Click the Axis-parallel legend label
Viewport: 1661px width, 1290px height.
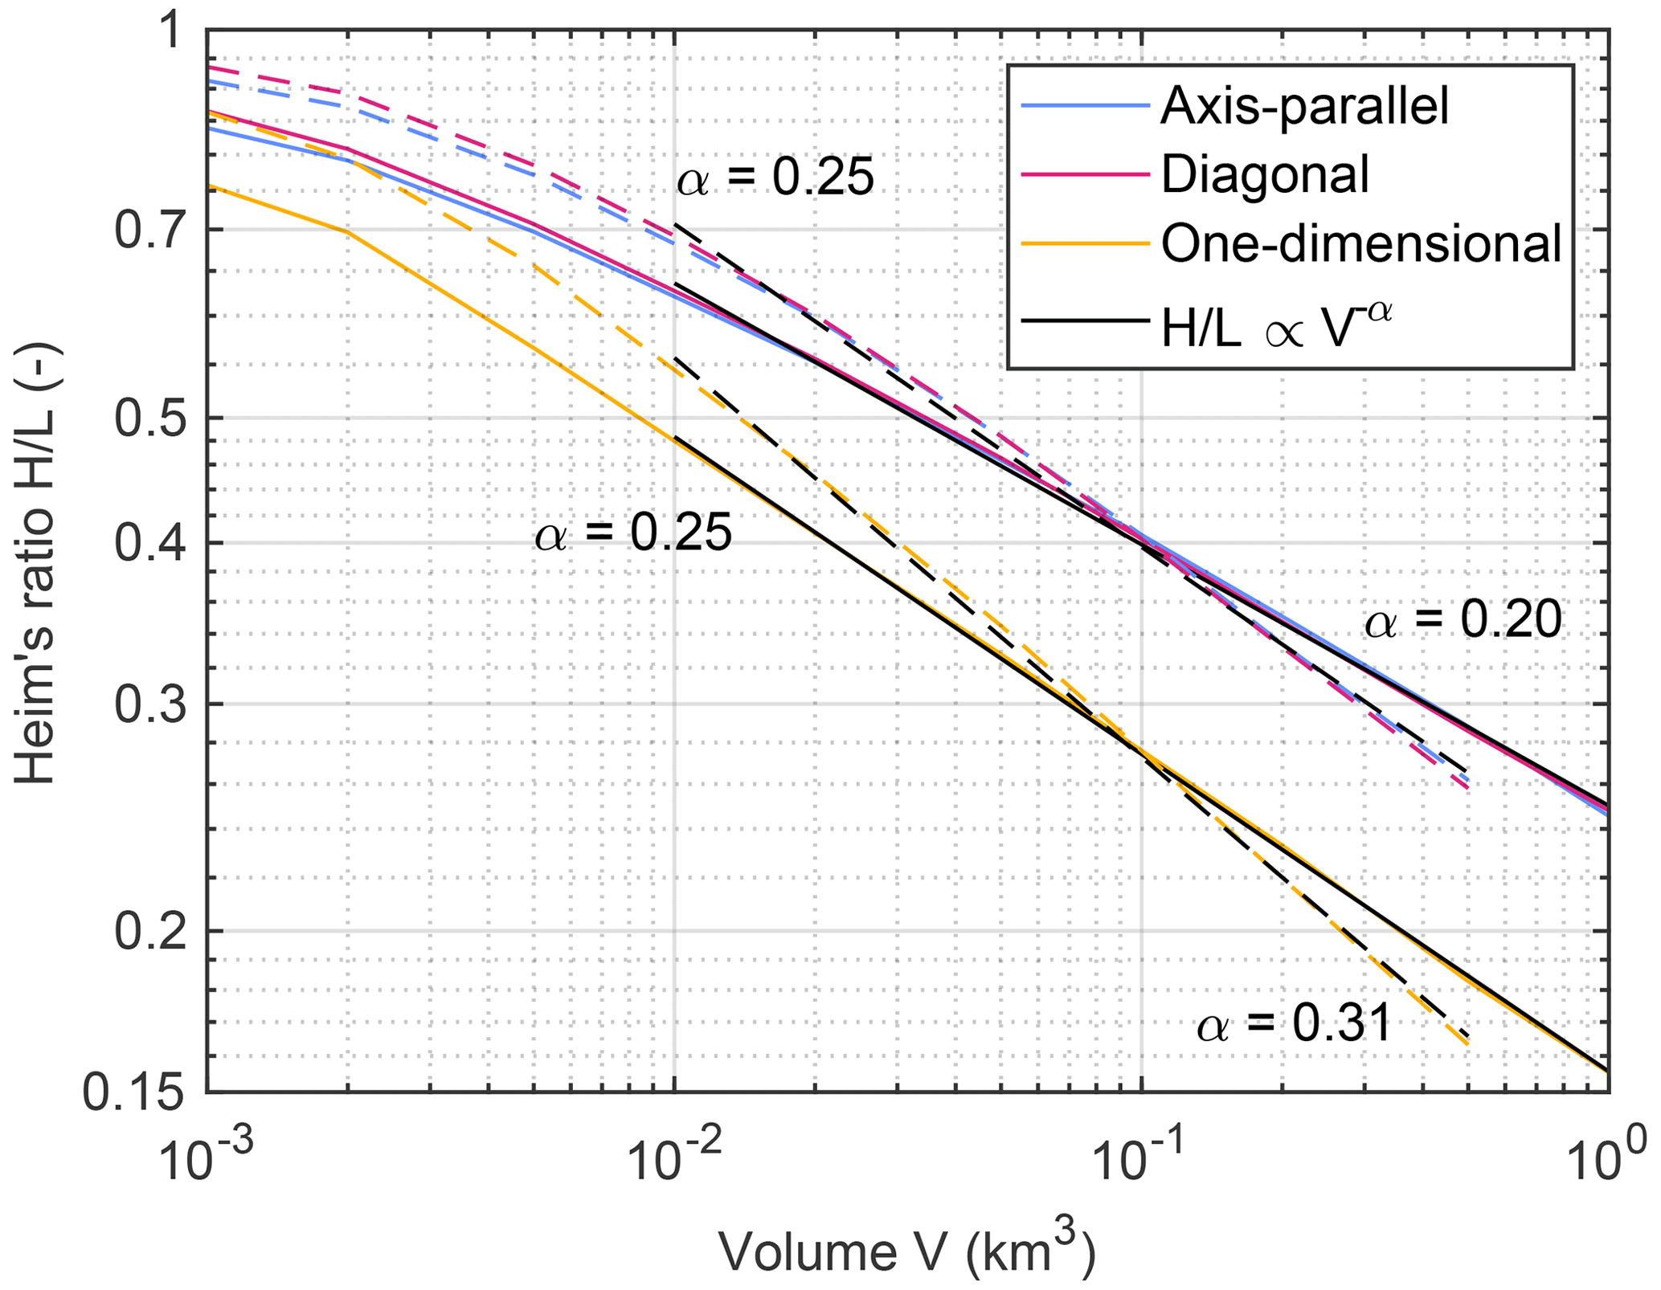click(x=1304, y=105)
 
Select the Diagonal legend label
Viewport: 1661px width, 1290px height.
click(x=1265, y=174)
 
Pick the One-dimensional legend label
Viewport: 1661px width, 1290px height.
click(x=1361, y=243)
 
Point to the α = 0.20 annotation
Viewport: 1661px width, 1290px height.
click(x=1463, y=621)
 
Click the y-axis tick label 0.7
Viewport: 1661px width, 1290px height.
click(x=152, y=231)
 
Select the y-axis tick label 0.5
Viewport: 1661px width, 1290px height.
click(x=152, y=418)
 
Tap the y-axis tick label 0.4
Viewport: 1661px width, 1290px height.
click(x=152, y=544)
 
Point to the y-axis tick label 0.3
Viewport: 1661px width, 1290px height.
click(x=152, y=705)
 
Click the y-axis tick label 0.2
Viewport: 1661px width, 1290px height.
click(x=152, y=933)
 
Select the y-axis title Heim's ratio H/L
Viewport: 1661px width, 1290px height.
click(x=36, y=562)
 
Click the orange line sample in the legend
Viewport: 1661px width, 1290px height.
click(x=1084, y=243)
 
